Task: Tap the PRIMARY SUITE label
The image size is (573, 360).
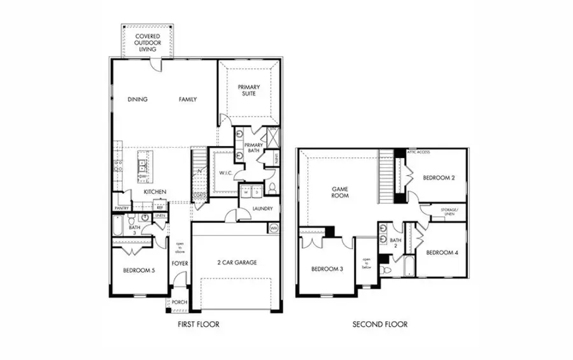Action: [x=251, y=90]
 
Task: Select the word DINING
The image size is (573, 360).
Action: [x=138, y=99]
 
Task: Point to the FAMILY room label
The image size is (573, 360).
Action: [x=187, y=99]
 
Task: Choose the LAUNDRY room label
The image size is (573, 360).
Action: [x=262, y=208]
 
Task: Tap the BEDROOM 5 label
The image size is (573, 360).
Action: [x=139, y=271]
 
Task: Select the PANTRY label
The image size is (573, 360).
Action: [x=122, y=208]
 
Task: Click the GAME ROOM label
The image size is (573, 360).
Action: [x=339, y=193]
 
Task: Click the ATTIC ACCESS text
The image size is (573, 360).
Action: [x=421, y=152]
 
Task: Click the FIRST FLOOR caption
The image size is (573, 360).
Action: [x=199, y=324]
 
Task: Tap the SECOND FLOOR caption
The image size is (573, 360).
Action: [x=380, y=324]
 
